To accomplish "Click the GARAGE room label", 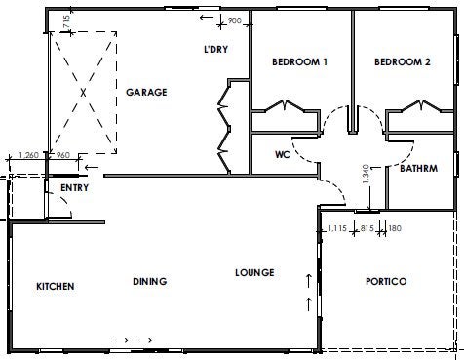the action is click(x=146, y=93).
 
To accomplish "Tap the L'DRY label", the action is click(x=215, y=49).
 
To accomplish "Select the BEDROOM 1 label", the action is click(x=299, y=61).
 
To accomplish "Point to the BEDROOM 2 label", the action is click(x=403, y=61).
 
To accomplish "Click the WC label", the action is click(x=282, y=154).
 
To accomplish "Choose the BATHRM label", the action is click(x=418, y=168).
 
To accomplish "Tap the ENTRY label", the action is click(x=74, y=187).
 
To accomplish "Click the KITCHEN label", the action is click(x=56, y=286).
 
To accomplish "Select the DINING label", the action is click(x=150, y=281).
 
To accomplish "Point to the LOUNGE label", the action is click(x=254, y=272).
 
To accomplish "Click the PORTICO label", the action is click(x=386, y=281).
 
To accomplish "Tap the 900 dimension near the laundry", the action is click(x=234, y=20).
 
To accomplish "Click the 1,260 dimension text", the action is click(x=28, y=155).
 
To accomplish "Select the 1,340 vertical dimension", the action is click(x=366, y=174).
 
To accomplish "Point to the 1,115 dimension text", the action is click(x=337, y=228).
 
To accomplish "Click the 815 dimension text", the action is click(x=367, y=228).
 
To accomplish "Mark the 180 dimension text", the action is click(x=395, y=228).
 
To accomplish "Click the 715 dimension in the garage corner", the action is click(x=66, y=22).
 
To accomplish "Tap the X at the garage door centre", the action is click(x=84, y=93).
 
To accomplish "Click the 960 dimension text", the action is click(x=63, y=155).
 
